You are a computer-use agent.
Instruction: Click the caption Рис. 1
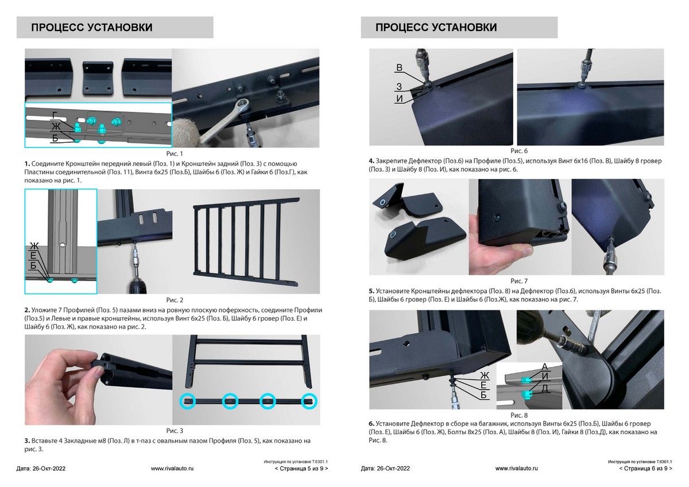click(175, 154)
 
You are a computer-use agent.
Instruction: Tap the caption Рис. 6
click(519, 151)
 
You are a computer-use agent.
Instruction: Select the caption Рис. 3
click(175, 431)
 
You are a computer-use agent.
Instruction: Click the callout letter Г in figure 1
click(55, 115)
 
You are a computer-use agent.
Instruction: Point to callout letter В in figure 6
click(399, 68)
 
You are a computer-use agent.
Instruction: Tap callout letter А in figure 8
click(545, 367)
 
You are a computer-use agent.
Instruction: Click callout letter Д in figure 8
click(545, 389)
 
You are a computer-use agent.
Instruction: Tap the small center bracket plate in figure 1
click(98, 77)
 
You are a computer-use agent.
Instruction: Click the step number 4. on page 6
click(371, 161)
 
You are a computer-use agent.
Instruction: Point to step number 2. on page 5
click(27, 310)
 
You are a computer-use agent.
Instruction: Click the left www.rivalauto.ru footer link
click(172, 469)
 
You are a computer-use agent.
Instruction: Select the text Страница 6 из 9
click(645, 469)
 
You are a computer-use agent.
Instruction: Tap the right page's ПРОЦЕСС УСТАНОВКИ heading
click(436, 28)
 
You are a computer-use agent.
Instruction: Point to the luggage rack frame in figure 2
click(246, 241)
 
